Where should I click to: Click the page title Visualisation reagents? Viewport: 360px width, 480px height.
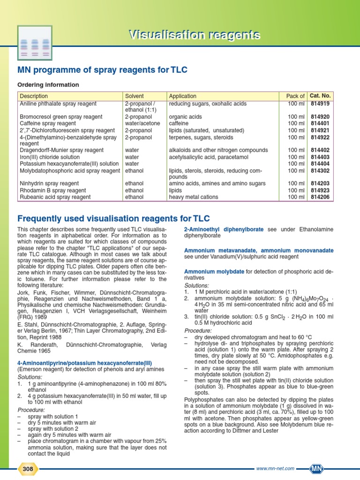coord(195,35)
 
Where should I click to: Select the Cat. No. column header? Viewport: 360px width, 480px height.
coord(321,96)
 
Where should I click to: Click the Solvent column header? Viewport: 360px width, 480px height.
coord(135,96)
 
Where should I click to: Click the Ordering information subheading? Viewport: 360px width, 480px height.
coord(48,85)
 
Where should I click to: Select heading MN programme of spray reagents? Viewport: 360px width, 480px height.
coord(102,70)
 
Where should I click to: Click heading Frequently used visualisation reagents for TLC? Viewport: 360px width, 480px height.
coord(113,218)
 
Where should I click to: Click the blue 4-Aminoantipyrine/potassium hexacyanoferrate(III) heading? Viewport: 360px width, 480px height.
coord(85,363)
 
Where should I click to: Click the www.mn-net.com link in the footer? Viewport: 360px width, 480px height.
coord(275,468)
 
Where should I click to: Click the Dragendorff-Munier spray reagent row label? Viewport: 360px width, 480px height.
coord(61,150)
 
